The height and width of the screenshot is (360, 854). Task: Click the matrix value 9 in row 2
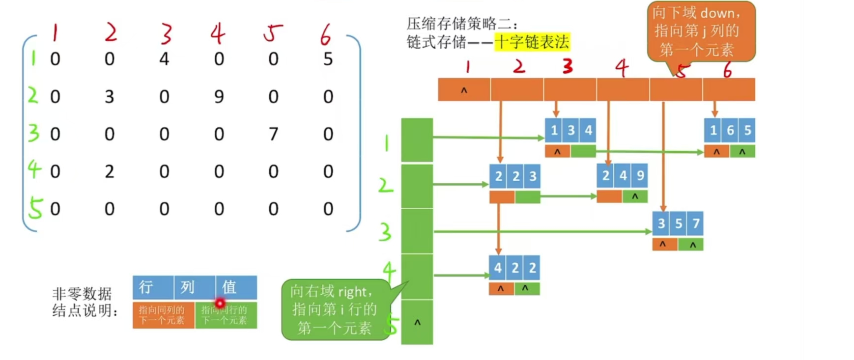[219, 97]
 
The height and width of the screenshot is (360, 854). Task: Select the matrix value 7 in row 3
[273, 134]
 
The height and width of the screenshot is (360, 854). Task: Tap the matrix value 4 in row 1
[164, 59]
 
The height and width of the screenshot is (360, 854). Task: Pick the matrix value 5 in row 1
[328, 59]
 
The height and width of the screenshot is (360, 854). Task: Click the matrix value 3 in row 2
[109, 97]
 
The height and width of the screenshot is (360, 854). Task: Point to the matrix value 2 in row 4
[109, 171]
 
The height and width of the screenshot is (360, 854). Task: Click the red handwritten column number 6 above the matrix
[325, 35]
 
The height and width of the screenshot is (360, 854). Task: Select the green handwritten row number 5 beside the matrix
[35, 208]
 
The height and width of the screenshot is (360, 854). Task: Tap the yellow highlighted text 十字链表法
[532, 42]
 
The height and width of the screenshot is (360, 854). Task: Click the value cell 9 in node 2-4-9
[640, 176]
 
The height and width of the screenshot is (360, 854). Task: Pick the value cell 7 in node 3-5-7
[695, 223]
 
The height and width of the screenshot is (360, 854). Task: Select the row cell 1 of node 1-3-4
[554, 130]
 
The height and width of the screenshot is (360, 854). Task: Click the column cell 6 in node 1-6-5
[730, 130]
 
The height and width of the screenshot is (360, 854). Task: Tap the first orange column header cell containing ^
[464, 90]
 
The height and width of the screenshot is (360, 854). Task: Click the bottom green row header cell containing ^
[417, 322]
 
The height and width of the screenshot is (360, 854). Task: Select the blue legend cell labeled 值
[236, 287]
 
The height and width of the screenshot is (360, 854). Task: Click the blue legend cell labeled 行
[153, 287]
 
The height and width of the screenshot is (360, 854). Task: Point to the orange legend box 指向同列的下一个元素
[163, 315]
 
